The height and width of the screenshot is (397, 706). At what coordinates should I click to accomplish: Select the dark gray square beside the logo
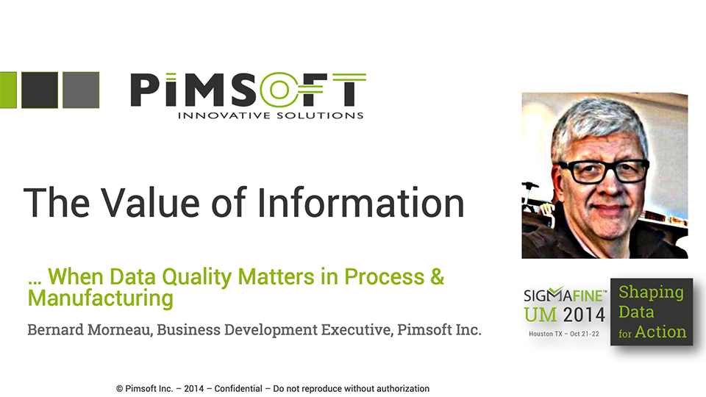(39, 90)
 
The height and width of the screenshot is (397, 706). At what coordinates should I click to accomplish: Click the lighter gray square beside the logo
(81, 90)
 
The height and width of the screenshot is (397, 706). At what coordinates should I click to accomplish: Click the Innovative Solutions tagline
(271, 115)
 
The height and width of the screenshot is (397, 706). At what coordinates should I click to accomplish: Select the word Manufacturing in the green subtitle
(101, 299)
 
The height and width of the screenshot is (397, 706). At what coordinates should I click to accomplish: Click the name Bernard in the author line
(56, 330)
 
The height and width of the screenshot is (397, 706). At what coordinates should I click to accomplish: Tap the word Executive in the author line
(352, 330)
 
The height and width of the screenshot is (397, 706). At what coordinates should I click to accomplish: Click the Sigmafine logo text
(564, 296)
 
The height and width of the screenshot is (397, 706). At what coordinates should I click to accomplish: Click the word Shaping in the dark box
(651, 292)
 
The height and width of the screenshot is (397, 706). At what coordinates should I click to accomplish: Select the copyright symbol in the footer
(119, 388)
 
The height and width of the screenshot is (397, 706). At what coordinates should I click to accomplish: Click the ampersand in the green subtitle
(437, 277)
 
